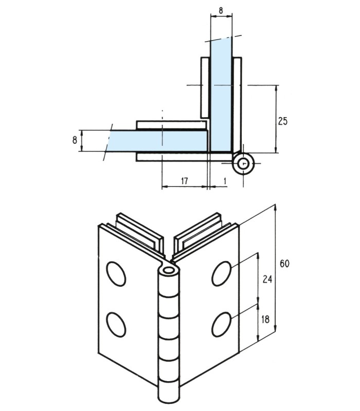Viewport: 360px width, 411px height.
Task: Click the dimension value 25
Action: pyautogui.click(x=282, y=121)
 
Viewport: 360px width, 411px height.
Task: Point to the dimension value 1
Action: pyautogui.click(x=225, y=180)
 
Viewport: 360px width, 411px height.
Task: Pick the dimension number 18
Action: pyautogui.click(x=265, y=319)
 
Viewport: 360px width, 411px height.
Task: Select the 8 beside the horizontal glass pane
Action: pyautogui.click(x=75, y=139)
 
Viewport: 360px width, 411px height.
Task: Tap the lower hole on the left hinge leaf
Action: pyautogui.click(x=117, y=324)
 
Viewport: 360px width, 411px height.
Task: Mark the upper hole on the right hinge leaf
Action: pyautogui.click(x=222, y=273)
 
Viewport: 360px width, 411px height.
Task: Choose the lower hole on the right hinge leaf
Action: pyautogui.click(x=222, y=324)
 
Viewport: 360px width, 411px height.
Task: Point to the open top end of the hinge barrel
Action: pyautogui.click(x=168, y=269)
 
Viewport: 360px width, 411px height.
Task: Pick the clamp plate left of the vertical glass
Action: pyautogui.click(x=204, y=87)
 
